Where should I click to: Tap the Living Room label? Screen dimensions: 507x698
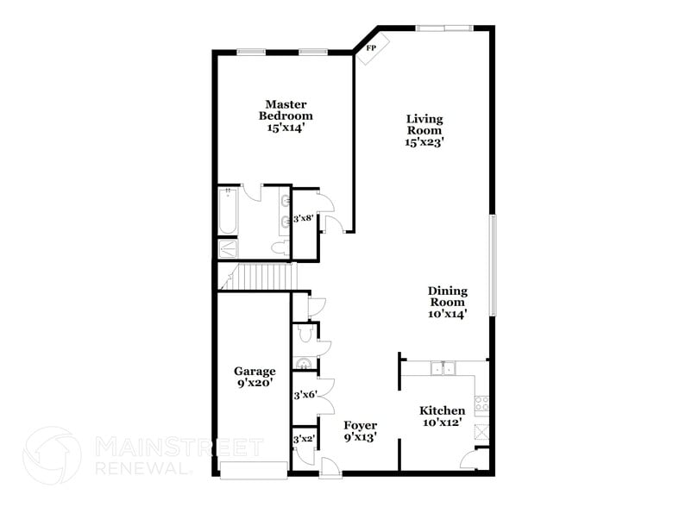click(x=424, y=131)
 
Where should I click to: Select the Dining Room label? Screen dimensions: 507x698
click(x=447, y=303)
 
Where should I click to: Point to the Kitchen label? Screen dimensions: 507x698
click(x=442, y=416)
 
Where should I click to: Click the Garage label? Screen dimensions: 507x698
click(x=255, y=378)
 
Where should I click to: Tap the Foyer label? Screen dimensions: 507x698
click(x=360, y=430)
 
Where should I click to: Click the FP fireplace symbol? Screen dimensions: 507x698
click(x=373, y=49)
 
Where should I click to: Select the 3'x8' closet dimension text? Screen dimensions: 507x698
click(x=305, y=219)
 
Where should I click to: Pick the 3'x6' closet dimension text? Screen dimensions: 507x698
click(x=305, y=396)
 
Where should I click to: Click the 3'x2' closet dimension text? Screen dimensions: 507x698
click(x=304, y=440)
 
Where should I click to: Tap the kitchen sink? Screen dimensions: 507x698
click(x=444, y=369)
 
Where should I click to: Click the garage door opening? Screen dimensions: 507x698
click(x=253, y=469)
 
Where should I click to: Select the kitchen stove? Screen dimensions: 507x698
click(x=483, y=401)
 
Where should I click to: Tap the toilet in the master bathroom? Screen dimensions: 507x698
click(x=277, y=248)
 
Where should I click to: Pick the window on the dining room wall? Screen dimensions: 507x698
click(x=493, y=265)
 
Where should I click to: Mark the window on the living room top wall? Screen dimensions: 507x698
click(x=444, y=28)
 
